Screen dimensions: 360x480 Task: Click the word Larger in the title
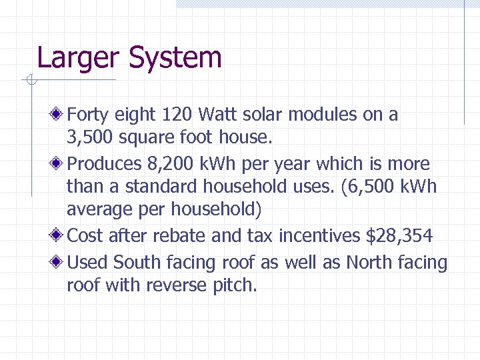[79, 59]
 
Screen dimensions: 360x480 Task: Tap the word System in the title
[175, 59]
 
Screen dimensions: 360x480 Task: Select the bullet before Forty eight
[60, 115]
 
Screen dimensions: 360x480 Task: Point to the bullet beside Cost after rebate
[60, 236]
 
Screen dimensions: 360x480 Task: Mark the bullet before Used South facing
[60, 263]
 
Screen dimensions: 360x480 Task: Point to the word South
[136, 263]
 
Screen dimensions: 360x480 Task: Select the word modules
[323, 115]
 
